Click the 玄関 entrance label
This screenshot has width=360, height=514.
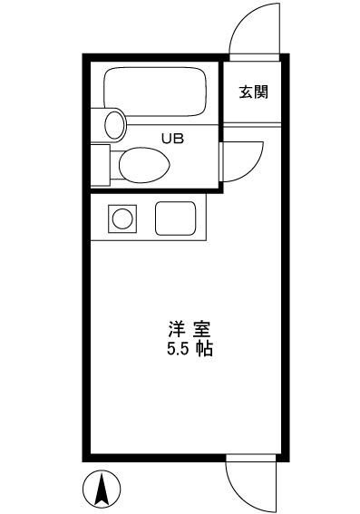coord(253,92)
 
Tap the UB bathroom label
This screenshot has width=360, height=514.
coord(172,139)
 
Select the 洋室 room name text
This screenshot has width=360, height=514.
coord(190,329)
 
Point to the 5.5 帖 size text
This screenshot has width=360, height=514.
coord(190,349)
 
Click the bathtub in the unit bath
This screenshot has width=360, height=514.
coord(155,92)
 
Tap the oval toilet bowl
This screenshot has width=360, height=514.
coord(144,165)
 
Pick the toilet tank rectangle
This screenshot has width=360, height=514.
coord(101,165)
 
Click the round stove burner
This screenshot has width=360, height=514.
coord(122,218)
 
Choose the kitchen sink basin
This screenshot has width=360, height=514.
coord(175,218)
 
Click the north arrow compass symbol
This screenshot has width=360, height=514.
coord(102,489)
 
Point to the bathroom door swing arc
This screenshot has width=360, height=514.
coord(255,167)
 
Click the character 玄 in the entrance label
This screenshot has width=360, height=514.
coord(246,92)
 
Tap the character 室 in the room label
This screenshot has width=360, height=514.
coord(201,329)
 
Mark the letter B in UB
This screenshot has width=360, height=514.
coord(179,139)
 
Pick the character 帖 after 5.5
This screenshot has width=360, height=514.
coord(205,349)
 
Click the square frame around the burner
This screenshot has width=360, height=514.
coord(122,205)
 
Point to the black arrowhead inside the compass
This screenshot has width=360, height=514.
coord(102,489)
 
